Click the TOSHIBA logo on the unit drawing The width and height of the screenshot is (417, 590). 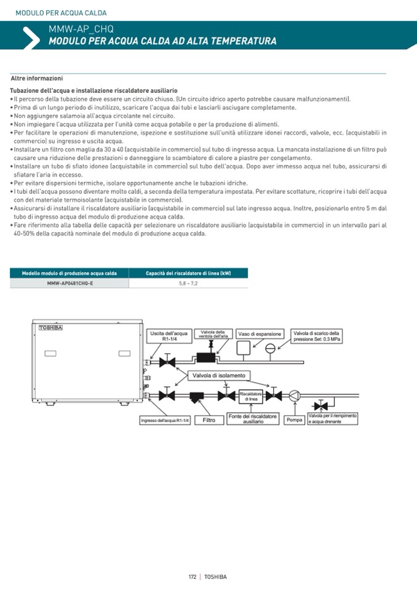pyautogui.click(x=51, y=328)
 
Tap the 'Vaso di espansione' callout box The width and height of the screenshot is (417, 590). pyautogui.click(x=260, y=334)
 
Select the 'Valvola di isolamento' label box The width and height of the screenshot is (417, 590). pyautogui.click(x=219, y=375)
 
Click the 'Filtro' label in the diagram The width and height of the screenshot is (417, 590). pyautogui.click(x=209, y=420)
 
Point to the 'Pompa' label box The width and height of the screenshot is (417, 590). pyautogui.click(x=295, y=420)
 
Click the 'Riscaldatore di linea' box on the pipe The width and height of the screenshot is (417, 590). pyautogui.click(x=251, y=396)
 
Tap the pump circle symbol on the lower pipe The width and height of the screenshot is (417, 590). pyautogui.click(x=295, y=396)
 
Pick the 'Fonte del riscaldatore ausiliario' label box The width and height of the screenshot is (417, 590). pyautogui.click(x=253, y=419)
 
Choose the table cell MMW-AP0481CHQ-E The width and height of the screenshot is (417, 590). pyautogui.click(x=69, y=284)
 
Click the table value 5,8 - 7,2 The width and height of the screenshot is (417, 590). pyautogui.click(x=188, y=284)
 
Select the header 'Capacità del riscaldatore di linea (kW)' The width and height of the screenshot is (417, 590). pyautogui.click(x=188, y=273)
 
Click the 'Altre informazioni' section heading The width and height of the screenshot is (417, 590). pyautogui.click(x=37, y=78)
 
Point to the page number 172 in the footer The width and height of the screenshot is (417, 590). pyautogui.click(x=193, y=576)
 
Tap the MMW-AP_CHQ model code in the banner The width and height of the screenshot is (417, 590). pyautogui.click(x=81, y=30)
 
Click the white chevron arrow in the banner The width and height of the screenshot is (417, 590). pyautogui.click(x=30, y=38)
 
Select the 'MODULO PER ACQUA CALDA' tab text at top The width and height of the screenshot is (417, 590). pyautogui.click(x=61, y=13)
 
